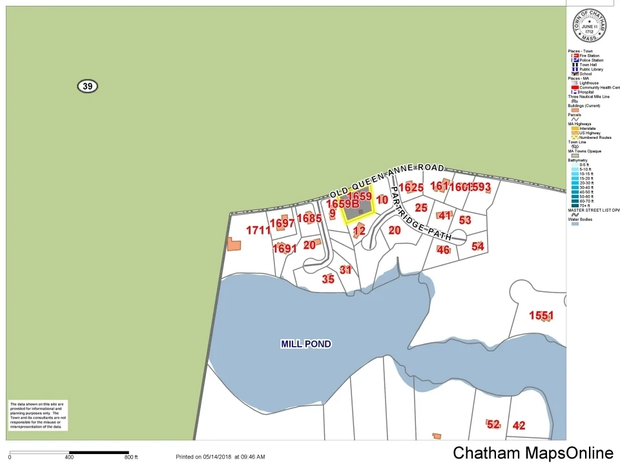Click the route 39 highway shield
(x=88, y=86)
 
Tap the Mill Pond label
(x=306, y=344)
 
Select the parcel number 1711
(x=258, y=230)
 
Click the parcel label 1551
(x=541, y=316)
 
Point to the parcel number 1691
(x=284, y=249)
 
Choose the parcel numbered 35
(x=328, y=279)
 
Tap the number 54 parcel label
(x=478, y=246)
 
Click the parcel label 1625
(x=411, y=188)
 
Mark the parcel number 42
(x=519, y=426)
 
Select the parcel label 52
(x=493, y=424)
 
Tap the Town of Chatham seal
(x=589, y=26)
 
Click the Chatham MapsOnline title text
(x=533, y=453)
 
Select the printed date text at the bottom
(x=220, y=457)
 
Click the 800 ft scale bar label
(x=131, y=457)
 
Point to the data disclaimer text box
(x=37, y=415)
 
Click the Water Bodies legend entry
(x=580, y=220)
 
